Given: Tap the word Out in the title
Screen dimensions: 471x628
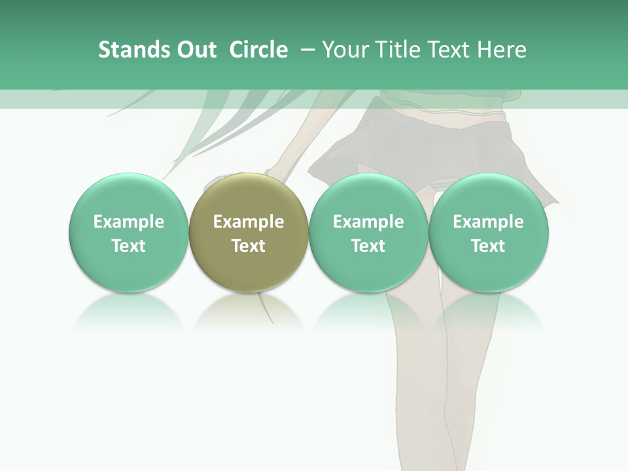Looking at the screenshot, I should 194,50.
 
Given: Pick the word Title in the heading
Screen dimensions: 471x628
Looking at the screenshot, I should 398,50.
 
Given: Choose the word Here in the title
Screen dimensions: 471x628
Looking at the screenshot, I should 502,50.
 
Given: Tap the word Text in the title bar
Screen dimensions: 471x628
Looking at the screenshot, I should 450,50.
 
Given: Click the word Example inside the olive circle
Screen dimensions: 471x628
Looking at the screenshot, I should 249,222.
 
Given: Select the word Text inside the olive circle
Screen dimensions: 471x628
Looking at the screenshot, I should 249,246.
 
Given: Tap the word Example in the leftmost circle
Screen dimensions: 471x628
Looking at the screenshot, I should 129,222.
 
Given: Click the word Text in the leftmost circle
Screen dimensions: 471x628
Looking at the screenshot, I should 129,246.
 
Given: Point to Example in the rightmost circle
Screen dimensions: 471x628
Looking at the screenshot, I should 488,222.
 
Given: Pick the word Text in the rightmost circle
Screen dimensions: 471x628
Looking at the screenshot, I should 488,246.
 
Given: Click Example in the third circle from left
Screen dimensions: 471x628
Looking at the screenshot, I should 368,222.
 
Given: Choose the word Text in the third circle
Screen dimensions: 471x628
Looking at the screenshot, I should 368,246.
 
